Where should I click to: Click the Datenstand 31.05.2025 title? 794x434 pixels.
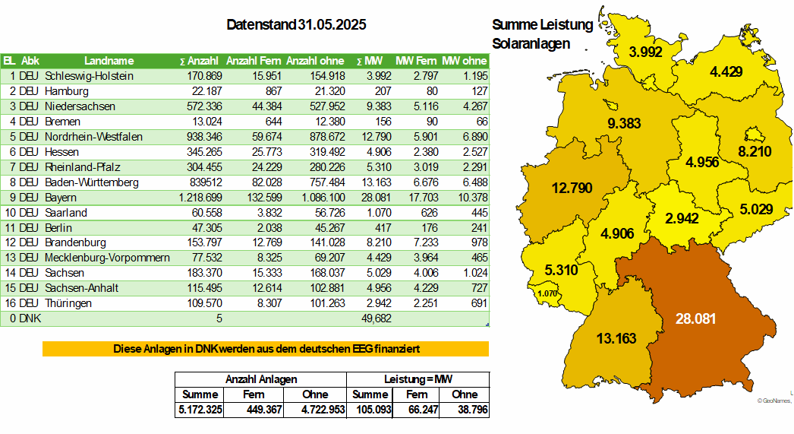click(x=296, y=25)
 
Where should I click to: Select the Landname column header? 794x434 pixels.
click(x=109, y=61)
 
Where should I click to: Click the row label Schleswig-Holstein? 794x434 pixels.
click(x=90, y=76)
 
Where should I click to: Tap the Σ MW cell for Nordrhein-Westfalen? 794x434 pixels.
click(x=377, y=137)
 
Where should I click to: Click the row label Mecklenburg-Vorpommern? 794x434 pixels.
click(x=107, y=258)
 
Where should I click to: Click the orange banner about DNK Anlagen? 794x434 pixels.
click(x=266, y=349)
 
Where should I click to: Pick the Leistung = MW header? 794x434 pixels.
click(x=418, y=379)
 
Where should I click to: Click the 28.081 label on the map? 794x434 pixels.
click(x=695, y=318)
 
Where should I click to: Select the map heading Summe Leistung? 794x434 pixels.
click(x=542, y=25)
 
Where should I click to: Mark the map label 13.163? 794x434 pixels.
click(x=616, y=338)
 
